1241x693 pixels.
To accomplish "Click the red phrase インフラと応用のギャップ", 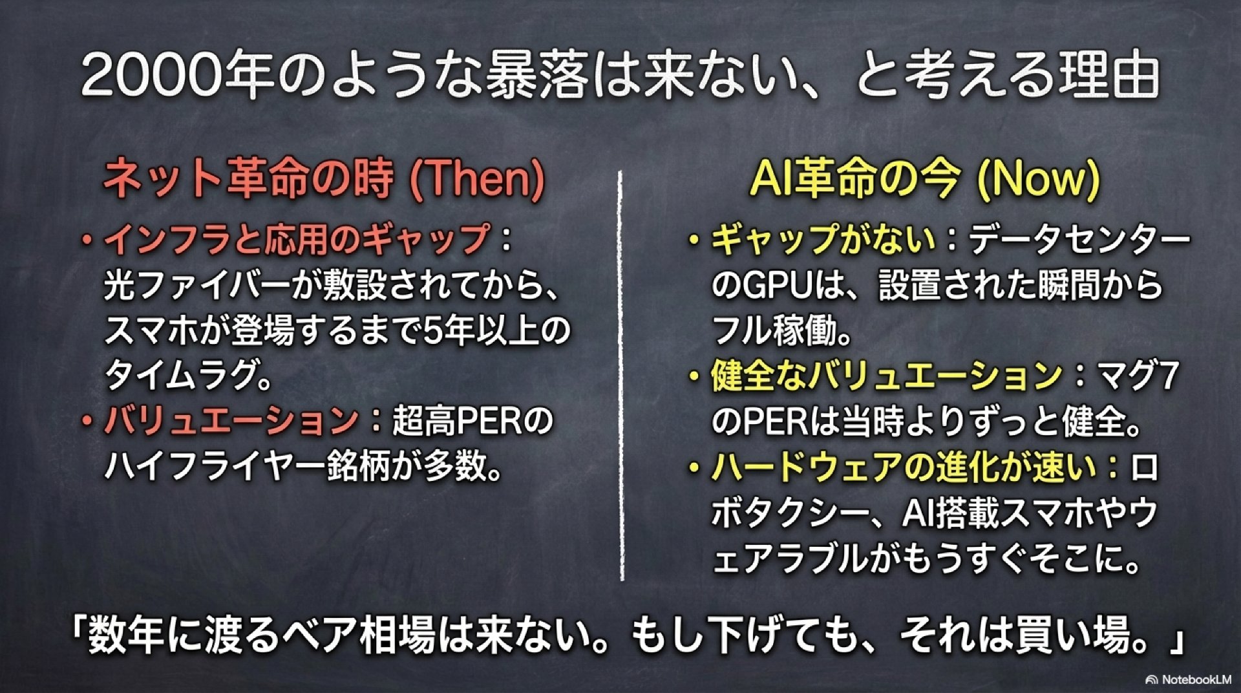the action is (297, 239).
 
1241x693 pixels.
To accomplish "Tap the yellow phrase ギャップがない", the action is (823, 239).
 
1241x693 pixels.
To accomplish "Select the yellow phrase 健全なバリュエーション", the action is (886, 376).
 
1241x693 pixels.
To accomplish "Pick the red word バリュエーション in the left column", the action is (231, 421).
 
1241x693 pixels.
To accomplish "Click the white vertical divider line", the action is (621, 376).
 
